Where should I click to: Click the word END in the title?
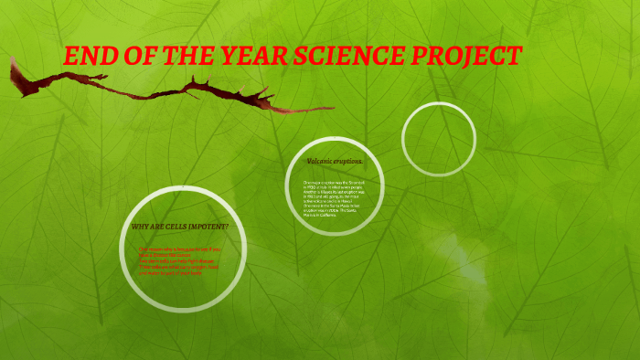click(x=85, y=57)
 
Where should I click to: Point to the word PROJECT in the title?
click(x=470, y=57)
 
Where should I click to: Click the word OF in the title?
click(x=131, y=57)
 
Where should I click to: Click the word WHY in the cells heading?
click(x=140, y=226)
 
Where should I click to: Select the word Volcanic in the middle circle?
click(x=321, y=161)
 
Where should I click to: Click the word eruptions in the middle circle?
click(x=349, y=161)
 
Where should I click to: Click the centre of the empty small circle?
click(x=439, y=138)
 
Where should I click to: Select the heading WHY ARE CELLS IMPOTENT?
click(x=180, y=226)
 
